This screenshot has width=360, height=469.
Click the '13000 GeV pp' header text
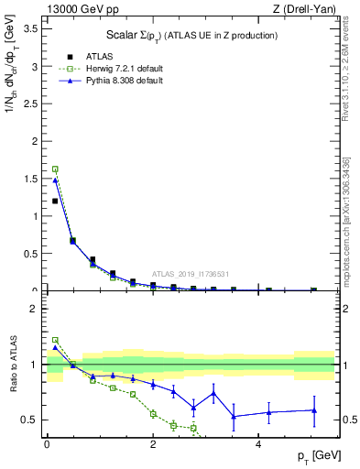(x=82, y=9)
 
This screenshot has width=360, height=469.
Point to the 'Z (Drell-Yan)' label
(x=303, y=9)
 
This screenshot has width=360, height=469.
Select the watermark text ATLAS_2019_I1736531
(x=191, y=274)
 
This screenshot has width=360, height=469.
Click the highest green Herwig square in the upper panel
(x=55, y=169)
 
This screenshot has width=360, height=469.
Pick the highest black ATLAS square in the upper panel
(x=55, y=201)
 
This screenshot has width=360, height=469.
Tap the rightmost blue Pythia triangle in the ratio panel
(x=314, y=410)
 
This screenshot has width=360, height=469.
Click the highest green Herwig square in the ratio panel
(x=55, y=340)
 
